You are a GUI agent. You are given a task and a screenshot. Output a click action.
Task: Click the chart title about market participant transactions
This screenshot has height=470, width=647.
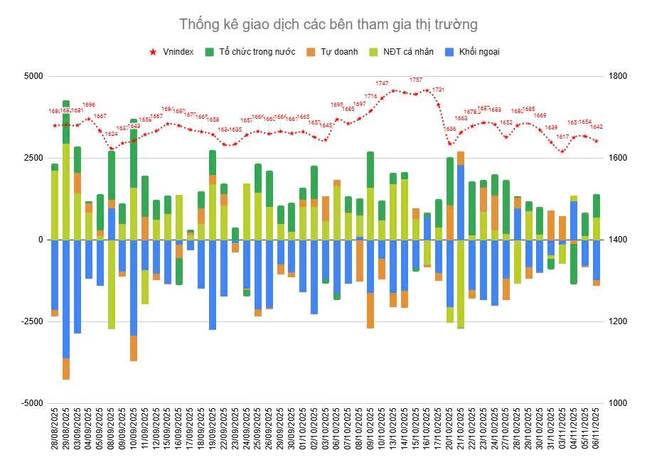(x=328, y=24)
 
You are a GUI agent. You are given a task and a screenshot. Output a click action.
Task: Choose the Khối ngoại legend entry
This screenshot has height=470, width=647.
(x=478, y=52)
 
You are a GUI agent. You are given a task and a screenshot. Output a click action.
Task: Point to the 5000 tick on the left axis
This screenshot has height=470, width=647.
(x=33, y=76)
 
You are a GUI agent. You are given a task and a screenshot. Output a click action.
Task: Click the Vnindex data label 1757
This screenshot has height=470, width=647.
(x=416, y=80)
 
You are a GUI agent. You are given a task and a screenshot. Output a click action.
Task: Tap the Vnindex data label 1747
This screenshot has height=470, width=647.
(x=382, y=83)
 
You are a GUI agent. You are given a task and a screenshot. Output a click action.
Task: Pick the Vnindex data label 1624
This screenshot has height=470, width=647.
(x=112, y=134)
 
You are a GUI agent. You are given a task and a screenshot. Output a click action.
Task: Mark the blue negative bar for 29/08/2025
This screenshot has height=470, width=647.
(x=66, y=299)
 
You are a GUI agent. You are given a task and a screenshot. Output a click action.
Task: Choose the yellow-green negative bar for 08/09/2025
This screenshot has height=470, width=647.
(x=112, y=284)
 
